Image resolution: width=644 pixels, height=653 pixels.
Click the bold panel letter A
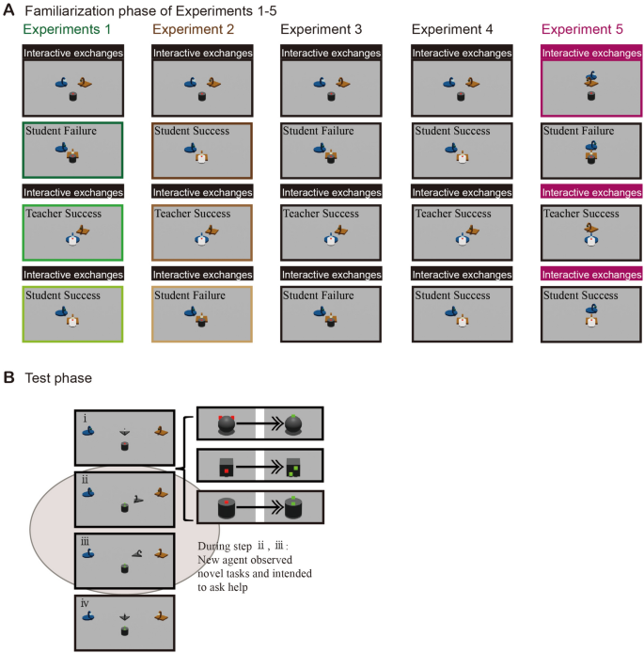(x=8, y=9)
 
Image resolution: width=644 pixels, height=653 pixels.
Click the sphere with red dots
(x=226, y=424)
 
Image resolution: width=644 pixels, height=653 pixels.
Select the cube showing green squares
(x=296, y=467)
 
